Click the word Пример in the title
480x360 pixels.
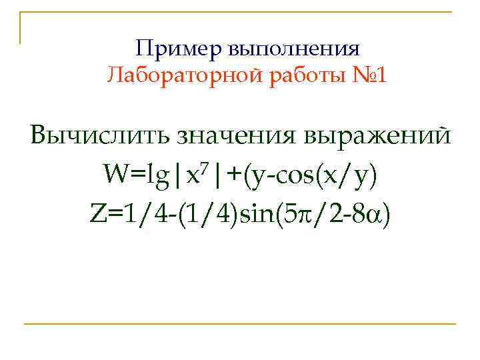pos(178,49)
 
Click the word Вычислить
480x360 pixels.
pos(99,135)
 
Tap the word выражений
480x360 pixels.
pos(376,135)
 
